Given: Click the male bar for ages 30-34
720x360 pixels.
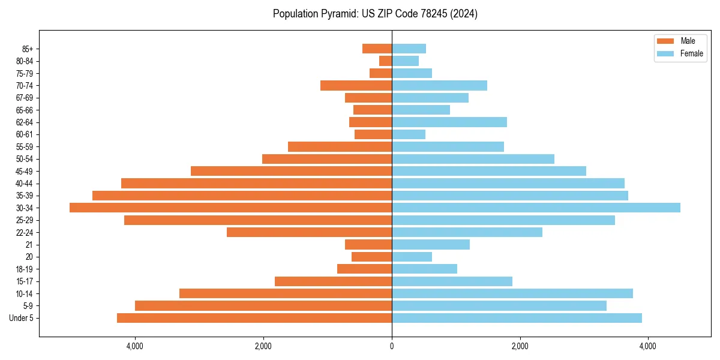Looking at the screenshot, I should (x=230, y=208).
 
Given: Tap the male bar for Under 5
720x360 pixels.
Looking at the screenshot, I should (x=254, y=318).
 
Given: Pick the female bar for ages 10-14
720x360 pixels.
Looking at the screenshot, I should (x=512, y=293).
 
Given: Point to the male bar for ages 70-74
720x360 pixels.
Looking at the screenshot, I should (x=356, y=86).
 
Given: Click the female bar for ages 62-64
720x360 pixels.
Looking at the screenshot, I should (x=449, y=122).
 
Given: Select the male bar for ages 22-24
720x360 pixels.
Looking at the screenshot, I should (x=309, y=232).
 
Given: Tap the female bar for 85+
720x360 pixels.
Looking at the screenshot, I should (x=409, y=49).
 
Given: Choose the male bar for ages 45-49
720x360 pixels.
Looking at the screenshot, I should (x=291, y=171).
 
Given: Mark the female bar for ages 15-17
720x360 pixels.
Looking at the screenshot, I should (x=452, y=281).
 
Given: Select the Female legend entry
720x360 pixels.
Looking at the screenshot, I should (x=680, y=53).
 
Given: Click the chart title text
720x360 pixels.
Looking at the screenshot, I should (x=375, y=14).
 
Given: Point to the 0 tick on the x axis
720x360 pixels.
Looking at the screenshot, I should (x=392, y=346).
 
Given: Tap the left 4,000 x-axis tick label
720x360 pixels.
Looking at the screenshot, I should (x=135, y=346).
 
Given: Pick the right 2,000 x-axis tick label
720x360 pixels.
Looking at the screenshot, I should (x=520, y=346).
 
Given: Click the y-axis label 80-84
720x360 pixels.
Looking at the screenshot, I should (x=25, y=61).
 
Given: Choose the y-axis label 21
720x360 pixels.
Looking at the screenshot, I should (x=29, y=245).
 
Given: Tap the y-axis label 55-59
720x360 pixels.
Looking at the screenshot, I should (x=25, y=147).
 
